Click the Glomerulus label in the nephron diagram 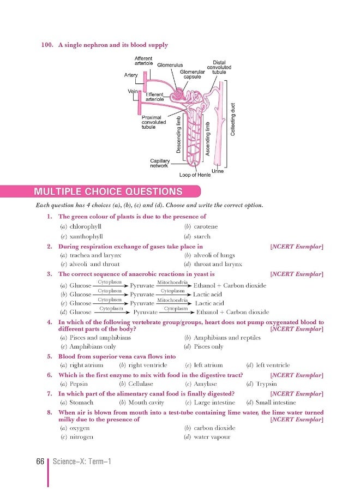click(x=170, y=65)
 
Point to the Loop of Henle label click(x=195, y=175)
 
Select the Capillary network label click(x=159, y=163)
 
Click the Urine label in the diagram click(x=218, y=171)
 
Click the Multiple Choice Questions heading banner click(x=108, y=191)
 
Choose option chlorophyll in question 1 click(x=86, y=226)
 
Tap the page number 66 click(x=40, y=462)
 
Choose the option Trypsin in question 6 click(x=267, y=384)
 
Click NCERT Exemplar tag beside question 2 click(x=297, y=247)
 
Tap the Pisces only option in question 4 click(x=208, y=346)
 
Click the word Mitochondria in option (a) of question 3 click(x=172, y=282)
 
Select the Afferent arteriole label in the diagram click(x=143, y=61)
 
